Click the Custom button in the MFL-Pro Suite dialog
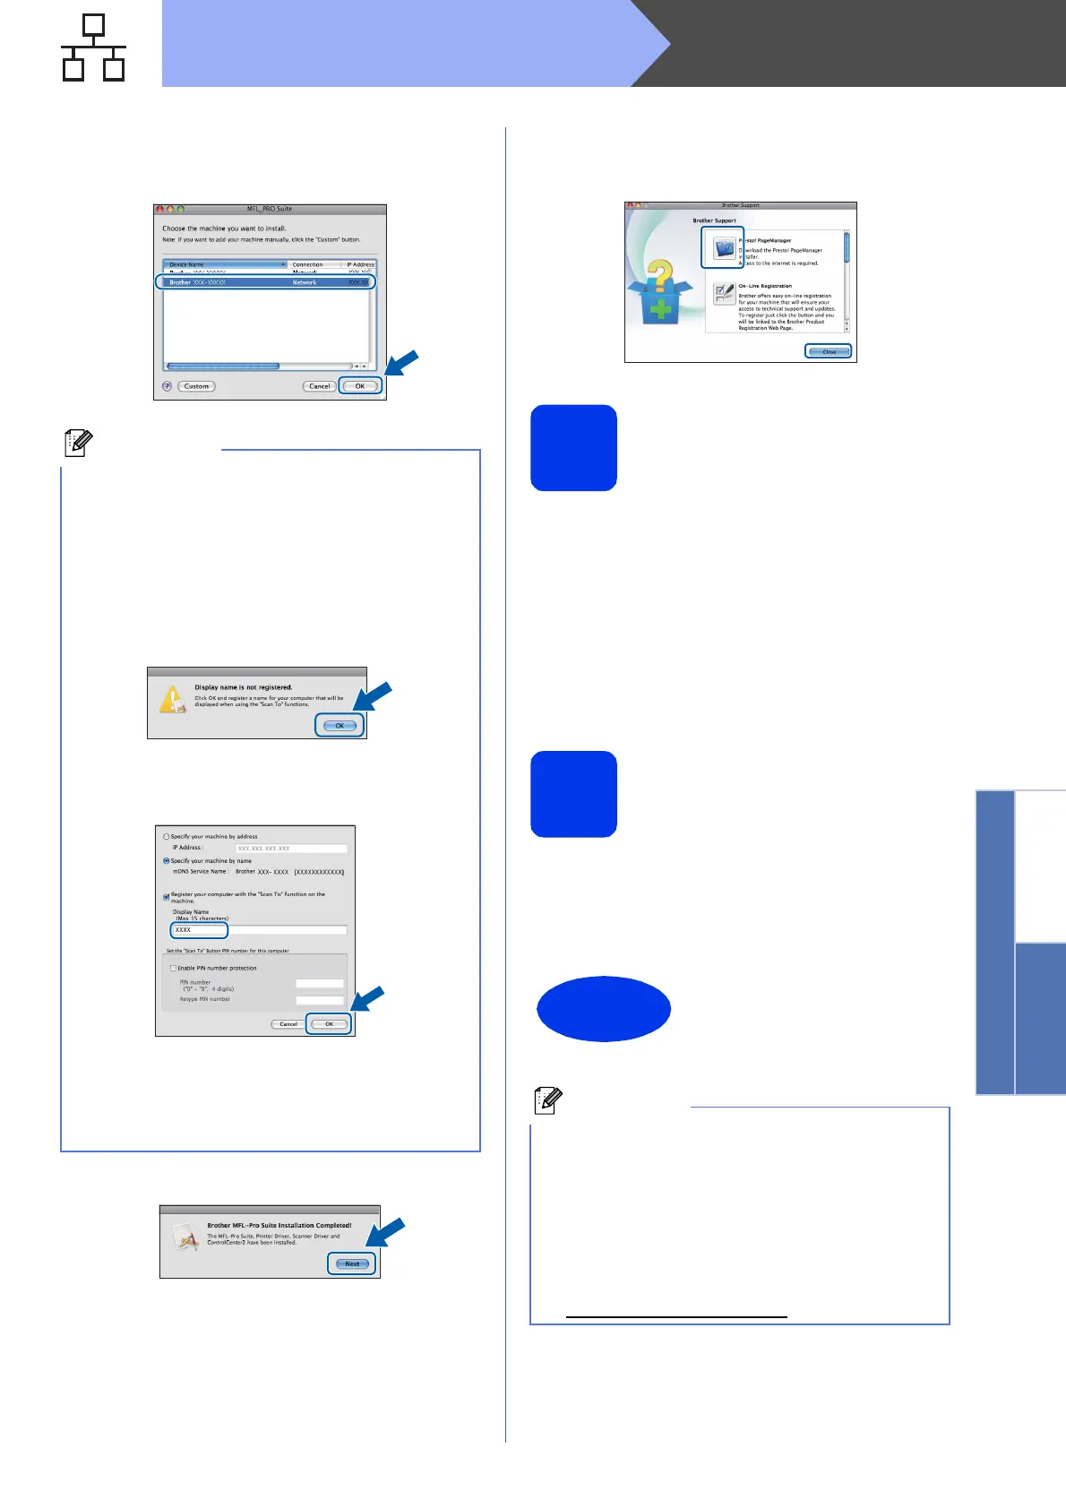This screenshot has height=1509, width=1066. pyautogui.click(x=196, y=386)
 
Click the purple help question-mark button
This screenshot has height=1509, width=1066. pyautogui.click(x=167, y=386)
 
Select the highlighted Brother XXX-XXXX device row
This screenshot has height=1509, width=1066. pyautogui.click(x=265, y=282)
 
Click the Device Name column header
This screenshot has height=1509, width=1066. pyautogui.click(x=224, y=264)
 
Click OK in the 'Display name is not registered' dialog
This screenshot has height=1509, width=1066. pyautogui.click(x=340, y=726)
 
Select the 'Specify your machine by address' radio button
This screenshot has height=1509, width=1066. pyautogui.click(x=167, y=836)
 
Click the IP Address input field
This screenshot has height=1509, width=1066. pyautogui.click(x=291, y=848)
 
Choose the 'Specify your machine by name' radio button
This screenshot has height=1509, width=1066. pyautogui.click(x=167, y=860)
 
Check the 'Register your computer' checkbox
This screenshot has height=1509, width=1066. pyautogui.click(x=167, y=895)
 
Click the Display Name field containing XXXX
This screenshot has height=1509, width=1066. pyautogui.click(x=199, y=930)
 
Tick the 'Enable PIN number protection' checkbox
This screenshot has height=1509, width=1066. pyautogui.click(x=173, y=968)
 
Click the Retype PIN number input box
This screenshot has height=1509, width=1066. pyautogui.click(x=319, y=999)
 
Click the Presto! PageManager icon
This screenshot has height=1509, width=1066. pyautogui.click(x=723, y=248)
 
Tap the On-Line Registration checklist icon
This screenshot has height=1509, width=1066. pyautogui.click(x=724, y=293)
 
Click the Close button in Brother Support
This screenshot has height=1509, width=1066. pyautogui.click(x=829, y=351)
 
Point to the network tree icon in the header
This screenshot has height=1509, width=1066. pyautogui.click(x=93, y=47)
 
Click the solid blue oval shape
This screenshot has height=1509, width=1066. pyautogui.click(x=604, y=1008)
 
